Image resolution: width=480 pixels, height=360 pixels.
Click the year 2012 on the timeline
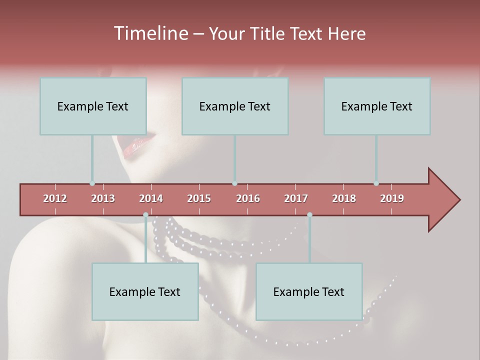(55, 198)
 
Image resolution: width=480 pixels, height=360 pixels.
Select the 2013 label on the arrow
(103, 198)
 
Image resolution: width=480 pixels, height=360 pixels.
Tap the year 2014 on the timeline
(151, 198)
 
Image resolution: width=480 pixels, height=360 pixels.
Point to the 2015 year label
(199, 198)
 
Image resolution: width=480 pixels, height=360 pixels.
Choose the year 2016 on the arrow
(248, 198)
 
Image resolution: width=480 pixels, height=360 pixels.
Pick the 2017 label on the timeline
(296, 198)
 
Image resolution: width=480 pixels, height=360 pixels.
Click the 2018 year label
(344, 198)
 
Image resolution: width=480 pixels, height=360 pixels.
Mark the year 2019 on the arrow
(392, 198)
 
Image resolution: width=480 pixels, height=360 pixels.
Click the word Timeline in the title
(150, 33)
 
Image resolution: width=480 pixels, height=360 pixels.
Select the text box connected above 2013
(93, 106)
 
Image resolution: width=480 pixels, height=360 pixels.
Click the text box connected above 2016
(235, 106)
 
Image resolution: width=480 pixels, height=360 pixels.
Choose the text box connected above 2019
(377, 106)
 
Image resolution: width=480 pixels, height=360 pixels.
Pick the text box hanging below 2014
(145, 291)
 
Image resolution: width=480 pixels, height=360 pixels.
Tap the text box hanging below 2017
(309, 291)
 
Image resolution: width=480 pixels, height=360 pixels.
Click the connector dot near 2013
(92, 183)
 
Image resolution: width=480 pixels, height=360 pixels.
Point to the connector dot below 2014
(145, 215)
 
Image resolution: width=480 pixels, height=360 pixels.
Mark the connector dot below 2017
(309, 215)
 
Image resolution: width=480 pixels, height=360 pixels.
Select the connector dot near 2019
(376, 183)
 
